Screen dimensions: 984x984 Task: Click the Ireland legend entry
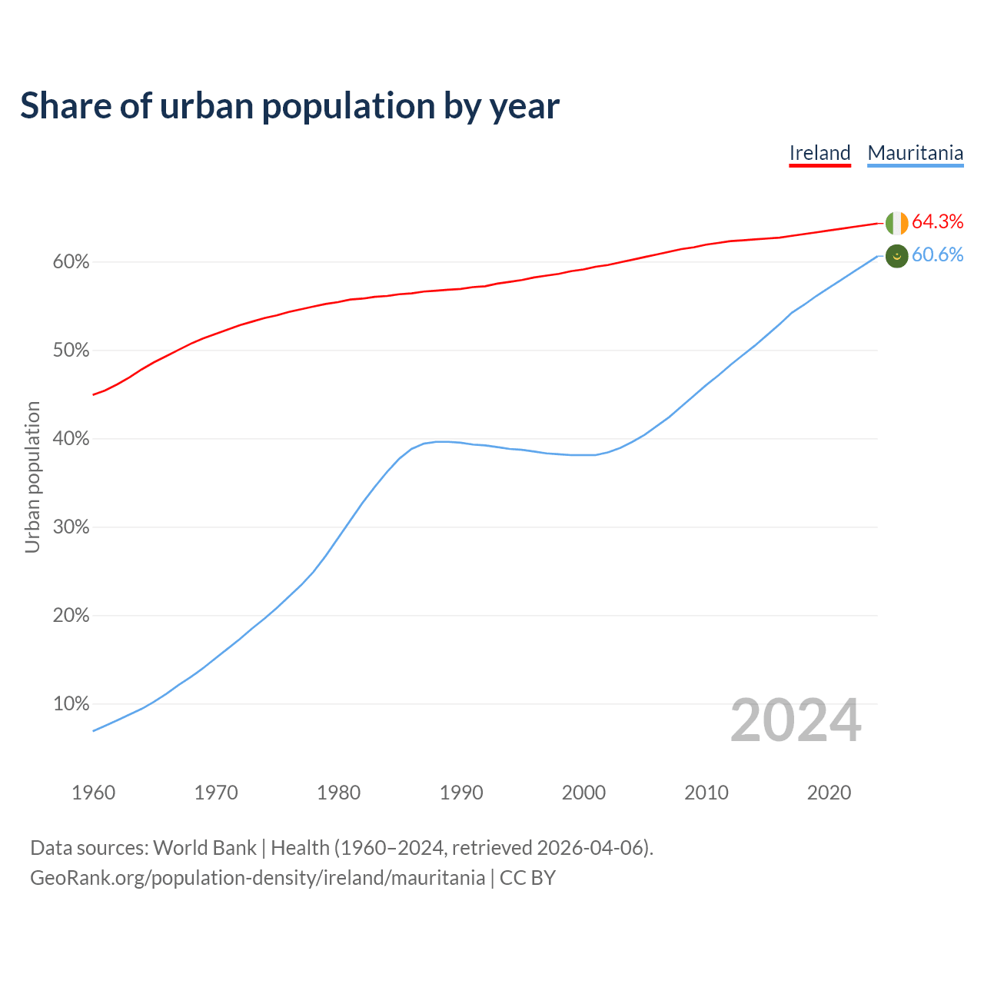click(x=819, y=153)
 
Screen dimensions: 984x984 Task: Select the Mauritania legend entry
click(x=915, y=153)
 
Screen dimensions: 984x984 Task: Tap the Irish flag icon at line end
click(x=896, y=223)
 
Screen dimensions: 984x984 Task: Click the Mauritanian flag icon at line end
click(x=896, y=256)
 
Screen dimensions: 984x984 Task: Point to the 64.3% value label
click(x=937, y=222)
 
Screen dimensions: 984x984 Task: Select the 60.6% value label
click(x=937, y=255)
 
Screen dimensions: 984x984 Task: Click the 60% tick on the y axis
click(x=71, y=262)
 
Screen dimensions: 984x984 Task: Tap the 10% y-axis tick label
click(x=71, y=704)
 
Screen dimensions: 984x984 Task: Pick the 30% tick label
click(x=71, y=527)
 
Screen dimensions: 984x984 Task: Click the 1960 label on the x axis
click(x=93, y=793)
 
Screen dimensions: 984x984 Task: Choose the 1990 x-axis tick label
click(x=461, y=793)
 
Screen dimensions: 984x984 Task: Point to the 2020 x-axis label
click(x=829, y=793)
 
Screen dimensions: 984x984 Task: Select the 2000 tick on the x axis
click(x=583, y=793)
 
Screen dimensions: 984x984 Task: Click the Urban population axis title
click(x=32, y=477)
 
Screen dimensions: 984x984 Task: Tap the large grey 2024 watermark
click(x=796, y=721)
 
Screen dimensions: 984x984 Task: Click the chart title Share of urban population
click(x=289, y=106)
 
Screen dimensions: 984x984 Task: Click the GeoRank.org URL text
click(x=258, y=878)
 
